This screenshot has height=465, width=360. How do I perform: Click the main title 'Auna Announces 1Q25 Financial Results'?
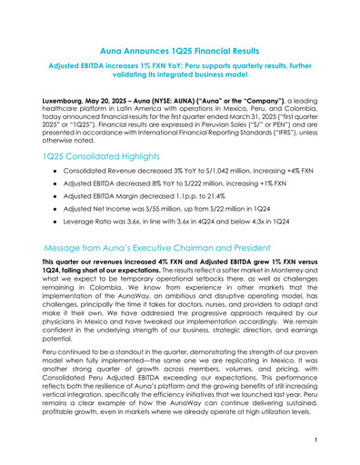(x=179, y=55)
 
